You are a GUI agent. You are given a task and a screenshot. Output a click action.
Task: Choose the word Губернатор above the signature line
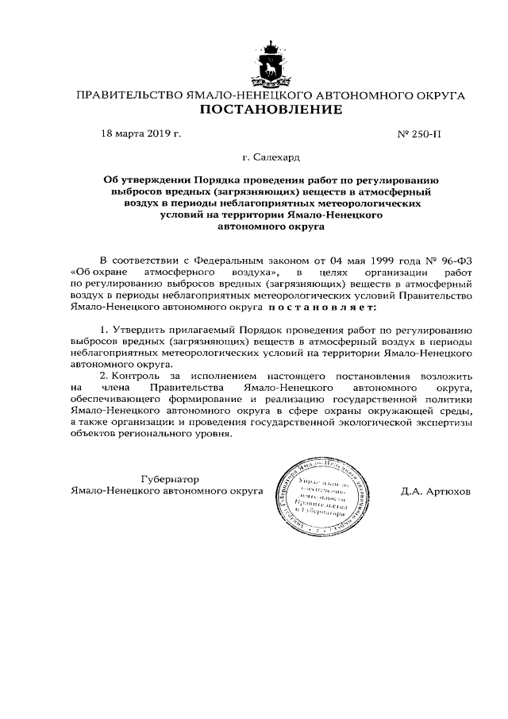coord(169,479)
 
